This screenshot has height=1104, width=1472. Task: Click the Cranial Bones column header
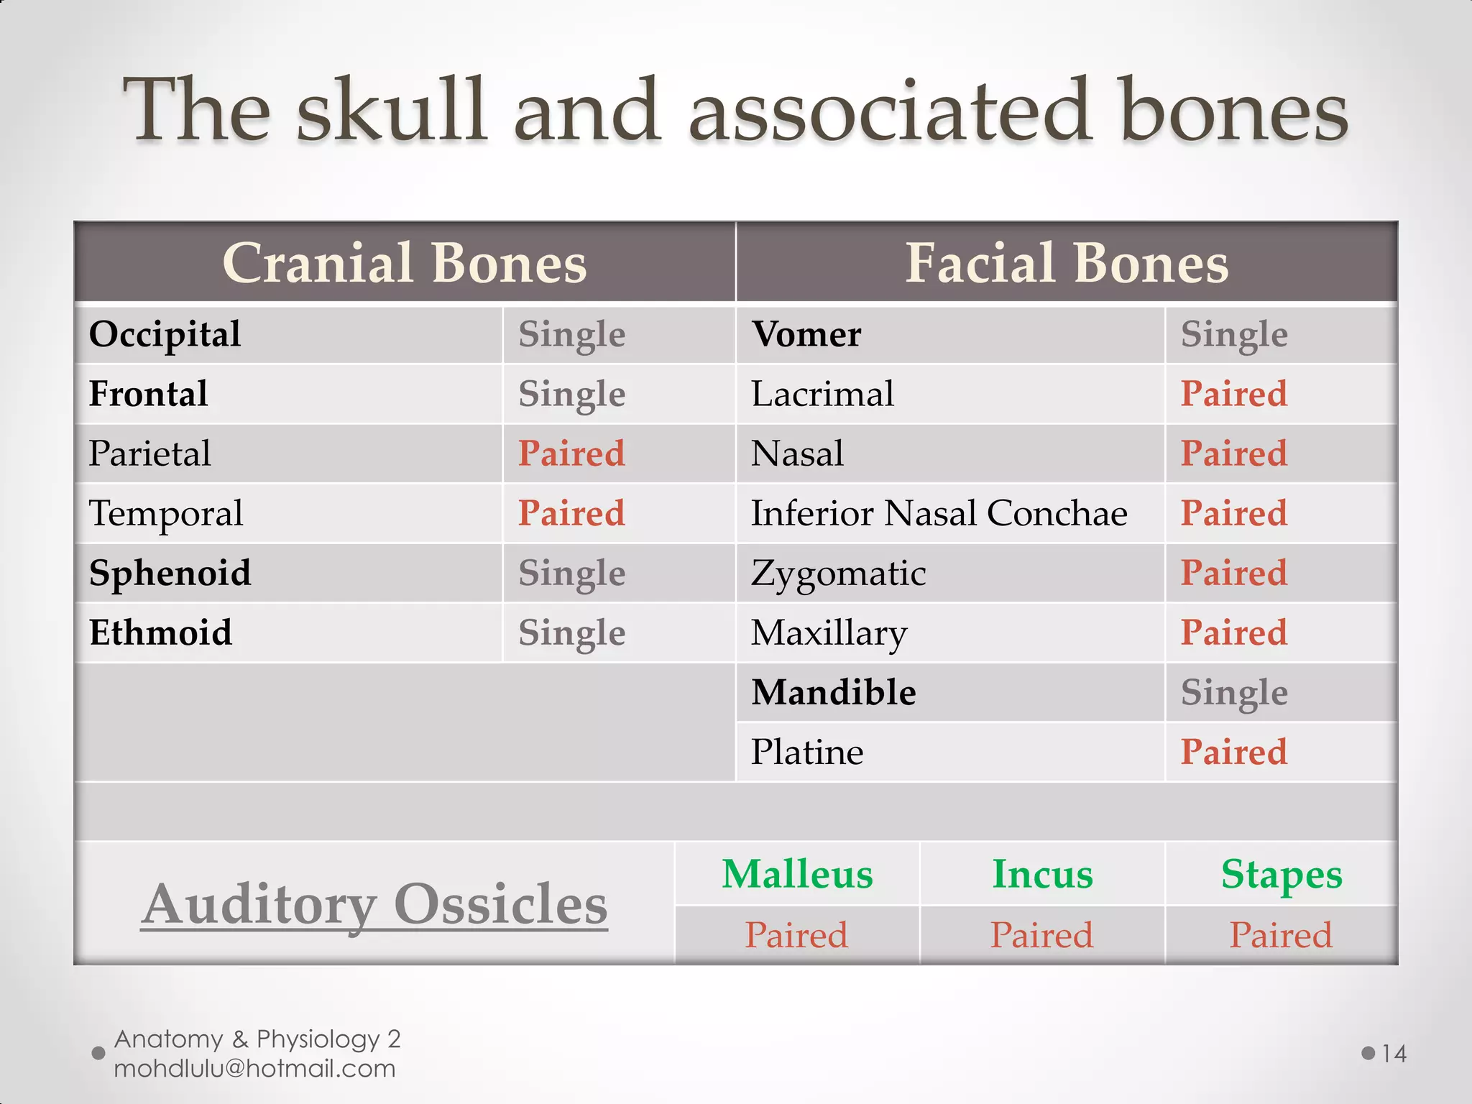tap(405, 263)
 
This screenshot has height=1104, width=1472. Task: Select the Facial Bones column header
tap(1067, 263)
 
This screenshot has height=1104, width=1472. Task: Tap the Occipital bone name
tap(165, 335)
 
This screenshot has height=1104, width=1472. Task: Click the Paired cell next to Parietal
tap(571, 454)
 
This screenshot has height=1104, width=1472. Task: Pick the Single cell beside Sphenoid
tap(571, 574)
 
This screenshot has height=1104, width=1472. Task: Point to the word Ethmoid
tap(160, 633)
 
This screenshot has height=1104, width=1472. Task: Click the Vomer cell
tap(806, 335)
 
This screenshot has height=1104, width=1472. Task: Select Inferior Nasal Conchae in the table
tap(939, 514)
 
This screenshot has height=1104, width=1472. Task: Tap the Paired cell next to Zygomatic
tap(1233, 574)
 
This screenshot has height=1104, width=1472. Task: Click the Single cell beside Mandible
tap(1233, 693)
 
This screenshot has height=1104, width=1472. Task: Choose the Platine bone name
tap(806, 753)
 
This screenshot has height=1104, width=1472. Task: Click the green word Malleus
tap(797, 875)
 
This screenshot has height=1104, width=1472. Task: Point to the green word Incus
tap(1042, 875)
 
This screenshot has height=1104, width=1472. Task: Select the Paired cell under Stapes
tap(1280, 935)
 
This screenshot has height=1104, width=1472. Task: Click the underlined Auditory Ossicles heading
tap(374, 904)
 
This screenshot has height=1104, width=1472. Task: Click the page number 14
tap(1394, 1054)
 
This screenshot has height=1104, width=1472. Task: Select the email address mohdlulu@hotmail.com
tap(254, 1069)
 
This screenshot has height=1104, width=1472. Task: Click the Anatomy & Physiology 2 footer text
tap(257, 1039)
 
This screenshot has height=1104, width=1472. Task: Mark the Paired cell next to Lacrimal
tap(1233, 395)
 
